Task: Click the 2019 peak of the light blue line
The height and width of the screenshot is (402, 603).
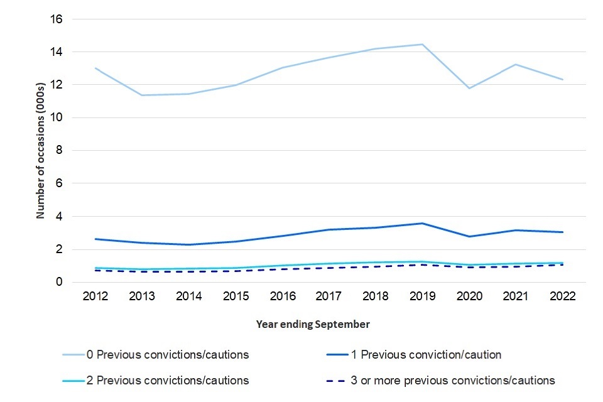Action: pos(422,44)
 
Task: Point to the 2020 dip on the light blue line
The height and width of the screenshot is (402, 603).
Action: pos(469,88)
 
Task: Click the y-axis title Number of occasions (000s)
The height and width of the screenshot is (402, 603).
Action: pos(40,151)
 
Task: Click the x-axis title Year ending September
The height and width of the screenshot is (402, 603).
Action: pos(313,324)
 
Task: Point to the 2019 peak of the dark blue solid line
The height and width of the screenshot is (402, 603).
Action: pos(422,223)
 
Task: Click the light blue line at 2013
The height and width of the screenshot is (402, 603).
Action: pos(141,95)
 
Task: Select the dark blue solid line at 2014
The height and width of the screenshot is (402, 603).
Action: pos(188,244)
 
